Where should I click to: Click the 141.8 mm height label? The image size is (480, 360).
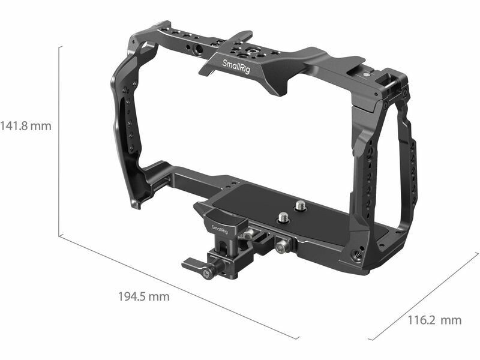26,126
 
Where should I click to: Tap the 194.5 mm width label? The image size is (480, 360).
144,296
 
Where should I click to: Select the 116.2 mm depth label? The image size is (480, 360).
434,320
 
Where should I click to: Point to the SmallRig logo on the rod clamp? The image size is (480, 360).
220,229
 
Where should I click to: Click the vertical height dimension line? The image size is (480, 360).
59,142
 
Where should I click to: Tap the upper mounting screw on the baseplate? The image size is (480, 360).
299,205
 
